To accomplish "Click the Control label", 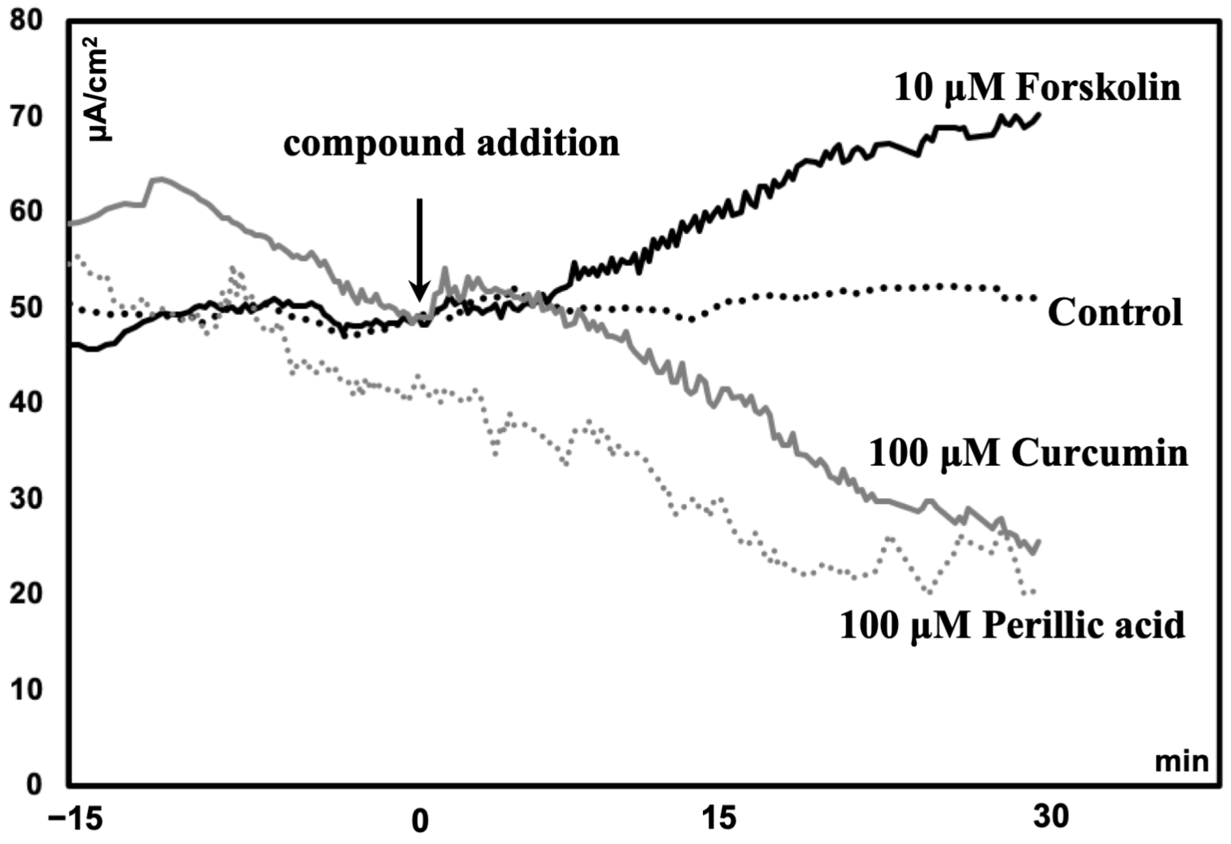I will pyautogui.click(x=1115, y=313).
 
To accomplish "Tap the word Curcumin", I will pyautogui.click(x=1100, y=454).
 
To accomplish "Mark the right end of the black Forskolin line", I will pyautogui.click(x=1039, y=114).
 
